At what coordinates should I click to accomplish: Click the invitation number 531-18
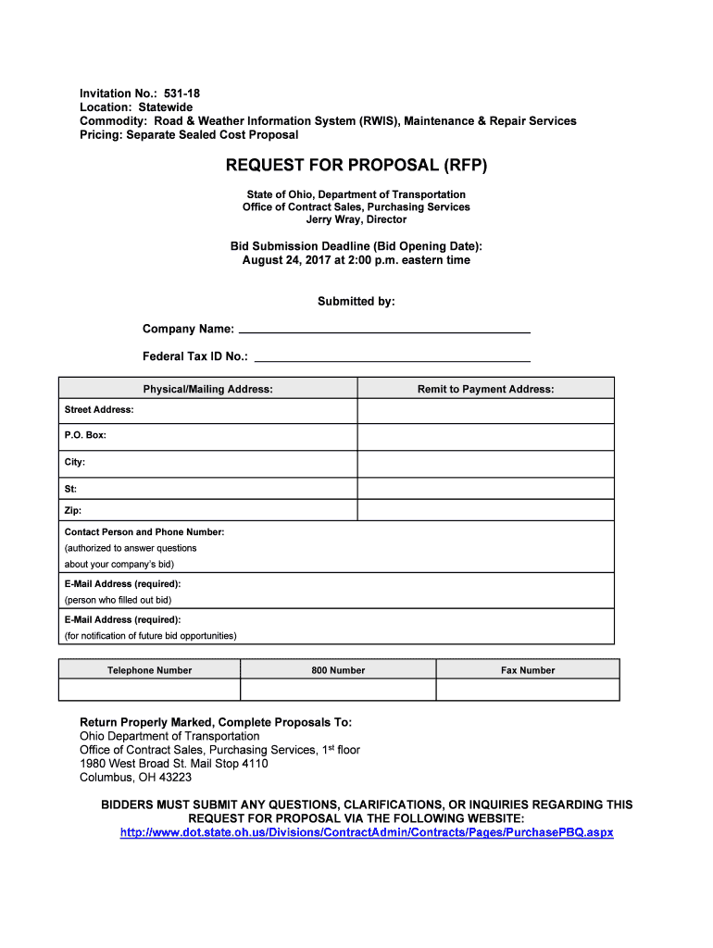(x=181, y=94)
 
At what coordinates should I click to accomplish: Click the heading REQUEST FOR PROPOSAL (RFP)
(x=356, y=166)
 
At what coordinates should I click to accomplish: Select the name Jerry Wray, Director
(x=356, y=220)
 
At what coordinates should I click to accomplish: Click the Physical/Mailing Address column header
(x=207, y=389)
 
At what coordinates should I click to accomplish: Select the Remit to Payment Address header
(x=485, y=389)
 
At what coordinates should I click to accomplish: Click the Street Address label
(x=99, y=409)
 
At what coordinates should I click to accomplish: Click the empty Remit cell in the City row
(x=485, y=463)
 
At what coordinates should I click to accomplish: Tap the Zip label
(x=73, y=510)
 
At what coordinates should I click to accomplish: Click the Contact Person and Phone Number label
(x=144, y=532)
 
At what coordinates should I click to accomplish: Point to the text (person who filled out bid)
(x=118, y=600)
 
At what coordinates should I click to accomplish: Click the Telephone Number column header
(x=150, y=670)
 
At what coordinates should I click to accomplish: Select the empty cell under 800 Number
(x=338, y=690)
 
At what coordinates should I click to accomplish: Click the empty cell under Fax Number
(x=527, y=690)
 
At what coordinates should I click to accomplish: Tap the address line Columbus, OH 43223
(x=136, y=778)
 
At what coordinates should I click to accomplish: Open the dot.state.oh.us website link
(x=367, y=832)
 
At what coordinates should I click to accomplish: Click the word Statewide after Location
(x=166, y=107)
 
